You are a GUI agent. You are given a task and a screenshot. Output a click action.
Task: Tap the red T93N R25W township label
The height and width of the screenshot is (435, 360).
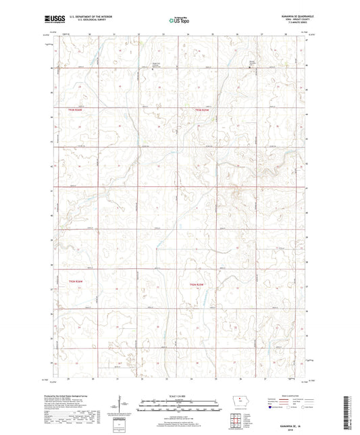(203, 109)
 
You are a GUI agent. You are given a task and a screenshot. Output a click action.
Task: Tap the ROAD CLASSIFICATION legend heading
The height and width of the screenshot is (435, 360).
(298, 398)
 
